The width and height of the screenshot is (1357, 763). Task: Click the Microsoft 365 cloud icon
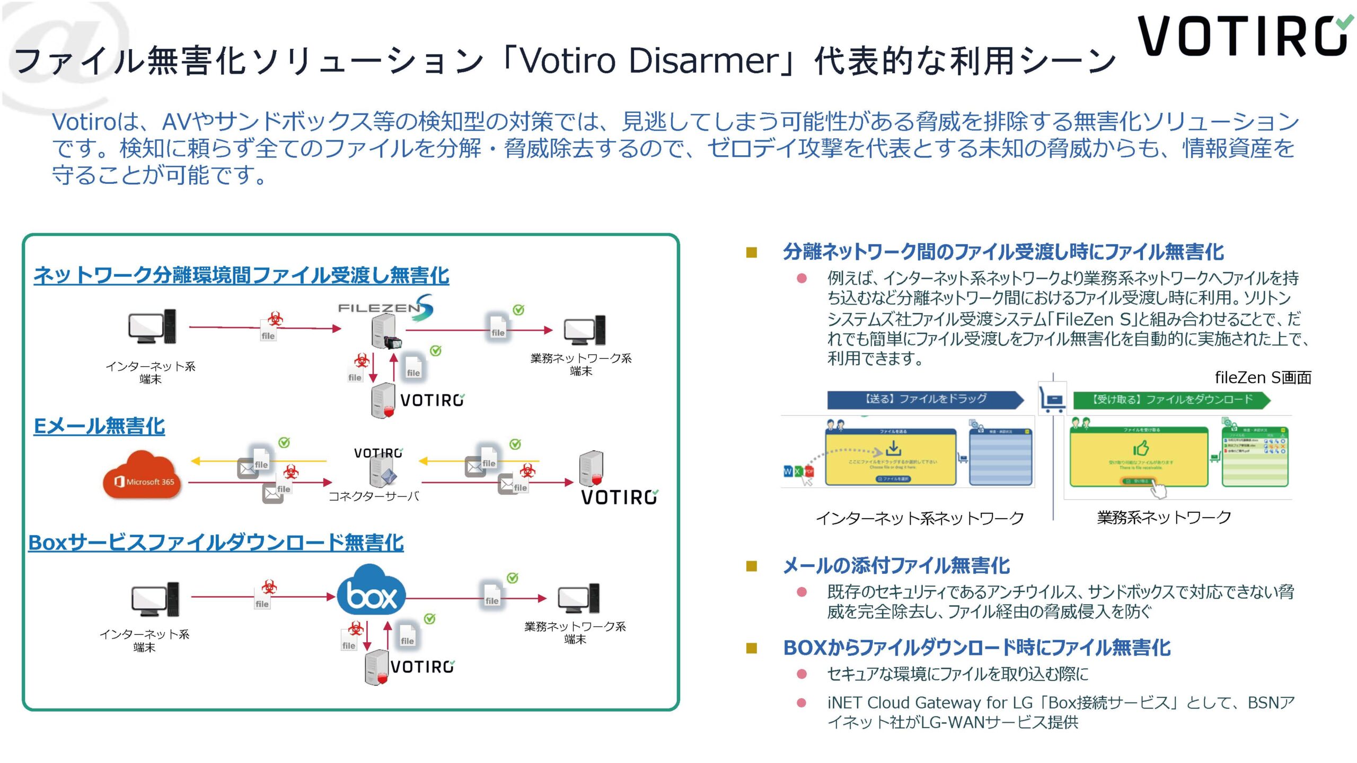[x=141, y=475]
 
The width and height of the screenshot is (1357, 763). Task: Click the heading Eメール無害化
[x=99, y=426]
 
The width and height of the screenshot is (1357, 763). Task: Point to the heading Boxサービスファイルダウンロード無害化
[x=216, y=543]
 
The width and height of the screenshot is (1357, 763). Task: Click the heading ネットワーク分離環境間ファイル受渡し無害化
[x=241, y=276]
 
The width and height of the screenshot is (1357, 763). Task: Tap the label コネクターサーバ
[x=373, y=496]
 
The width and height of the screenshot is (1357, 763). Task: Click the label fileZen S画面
[x=1263, y=378]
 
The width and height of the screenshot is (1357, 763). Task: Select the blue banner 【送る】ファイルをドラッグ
[x=925, y=399]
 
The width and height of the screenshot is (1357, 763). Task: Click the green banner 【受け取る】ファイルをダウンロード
[x=1171, y=400]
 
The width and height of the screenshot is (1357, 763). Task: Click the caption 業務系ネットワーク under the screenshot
[x=1164, y=517]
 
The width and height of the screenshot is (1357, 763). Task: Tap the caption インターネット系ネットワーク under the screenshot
[x=920, y=518]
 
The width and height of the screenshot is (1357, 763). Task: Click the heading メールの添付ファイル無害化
[x=896, y=566]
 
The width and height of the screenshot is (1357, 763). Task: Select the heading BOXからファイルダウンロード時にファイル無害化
[x=976, y=647]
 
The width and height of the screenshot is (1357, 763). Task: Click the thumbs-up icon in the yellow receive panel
[x=1141, y=448]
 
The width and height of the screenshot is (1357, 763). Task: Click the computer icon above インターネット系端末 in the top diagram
[x=152, y=327]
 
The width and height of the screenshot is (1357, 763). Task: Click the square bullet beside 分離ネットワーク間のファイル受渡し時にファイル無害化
[x=751, y=253]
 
